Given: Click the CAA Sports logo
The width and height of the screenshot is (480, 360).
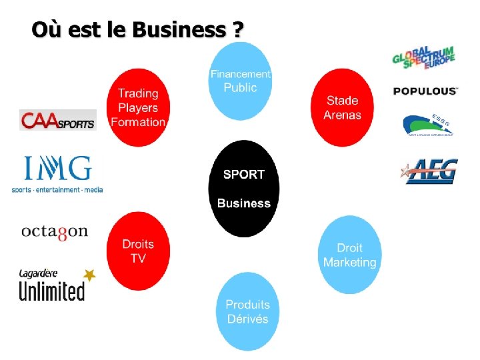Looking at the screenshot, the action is click(x=58, y=120).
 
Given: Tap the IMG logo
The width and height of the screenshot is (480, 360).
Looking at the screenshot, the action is click(x=57, y=173).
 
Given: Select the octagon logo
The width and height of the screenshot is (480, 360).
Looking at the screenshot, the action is click(x=55, y=231).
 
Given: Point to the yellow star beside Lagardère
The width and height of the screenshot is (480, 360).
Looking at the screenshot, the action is click(x=89, y=275).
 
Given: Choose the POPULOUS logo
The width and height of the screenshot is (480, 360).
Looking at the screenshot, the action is click(x=425, y=91).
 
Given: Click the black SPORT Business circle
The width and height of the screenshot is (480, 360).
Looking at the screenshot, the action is click(x=244, y=189).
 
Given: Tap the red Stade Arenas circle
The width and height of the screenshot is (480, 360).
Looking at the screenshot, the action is click(x=342, y=107).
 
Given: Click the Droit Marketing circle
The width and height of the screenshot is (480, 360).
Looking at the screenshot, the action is click(x=349, y=255).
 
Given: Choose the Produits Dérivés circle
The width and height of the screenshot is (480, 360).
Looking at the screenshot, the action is click(x=247, y=311).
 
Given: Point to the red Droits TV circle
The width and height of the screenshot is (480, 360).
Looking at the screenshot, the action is click(x=138, y=251).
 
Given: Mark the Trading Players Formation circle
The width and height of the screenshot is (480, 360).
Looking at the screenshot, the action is click(x=138, y=107).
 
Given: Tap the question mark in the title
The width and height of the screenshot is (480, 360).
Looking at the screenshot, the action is click(x=238, y=30).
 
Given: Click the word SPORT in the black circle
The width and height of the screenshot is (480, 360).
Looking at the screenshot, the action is click(x=244, y=175).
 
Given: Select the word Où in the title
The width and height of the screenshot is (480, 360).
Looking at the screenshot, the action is click(x=44, y=30).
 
